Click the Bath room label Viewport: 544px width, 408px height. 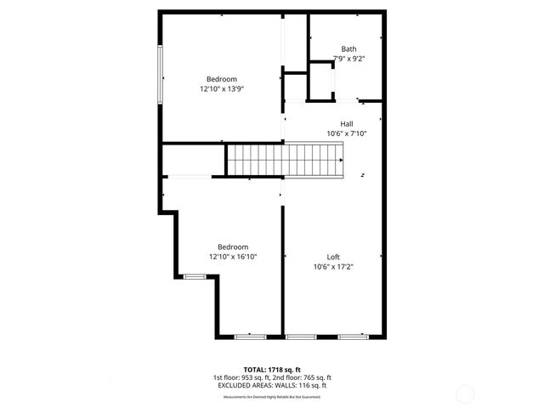349,48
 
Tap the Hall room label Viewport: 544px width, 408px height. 347,123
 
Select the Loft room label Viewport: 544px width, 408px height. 333,257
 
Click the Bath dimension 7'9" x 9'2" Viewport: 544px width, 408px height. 349,59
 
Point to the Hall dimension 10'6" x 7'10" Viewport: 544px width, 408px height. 347,133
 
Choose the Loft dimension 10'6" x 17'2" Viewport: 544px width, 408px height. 333,267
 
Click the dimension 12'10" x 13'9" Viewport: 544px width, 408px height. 222,88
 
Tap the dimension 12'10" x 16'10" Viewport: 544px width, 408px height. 233,257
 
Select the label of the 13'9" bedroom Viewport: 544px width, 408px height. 222,79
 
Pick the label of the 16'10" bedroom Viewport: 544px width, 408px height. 233,246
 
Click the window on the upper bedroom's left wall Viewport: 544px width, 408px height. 160,75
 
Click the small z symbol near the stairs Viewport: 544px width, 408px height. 363,176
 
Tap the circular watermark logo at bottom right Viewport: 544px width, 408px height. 465,394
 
